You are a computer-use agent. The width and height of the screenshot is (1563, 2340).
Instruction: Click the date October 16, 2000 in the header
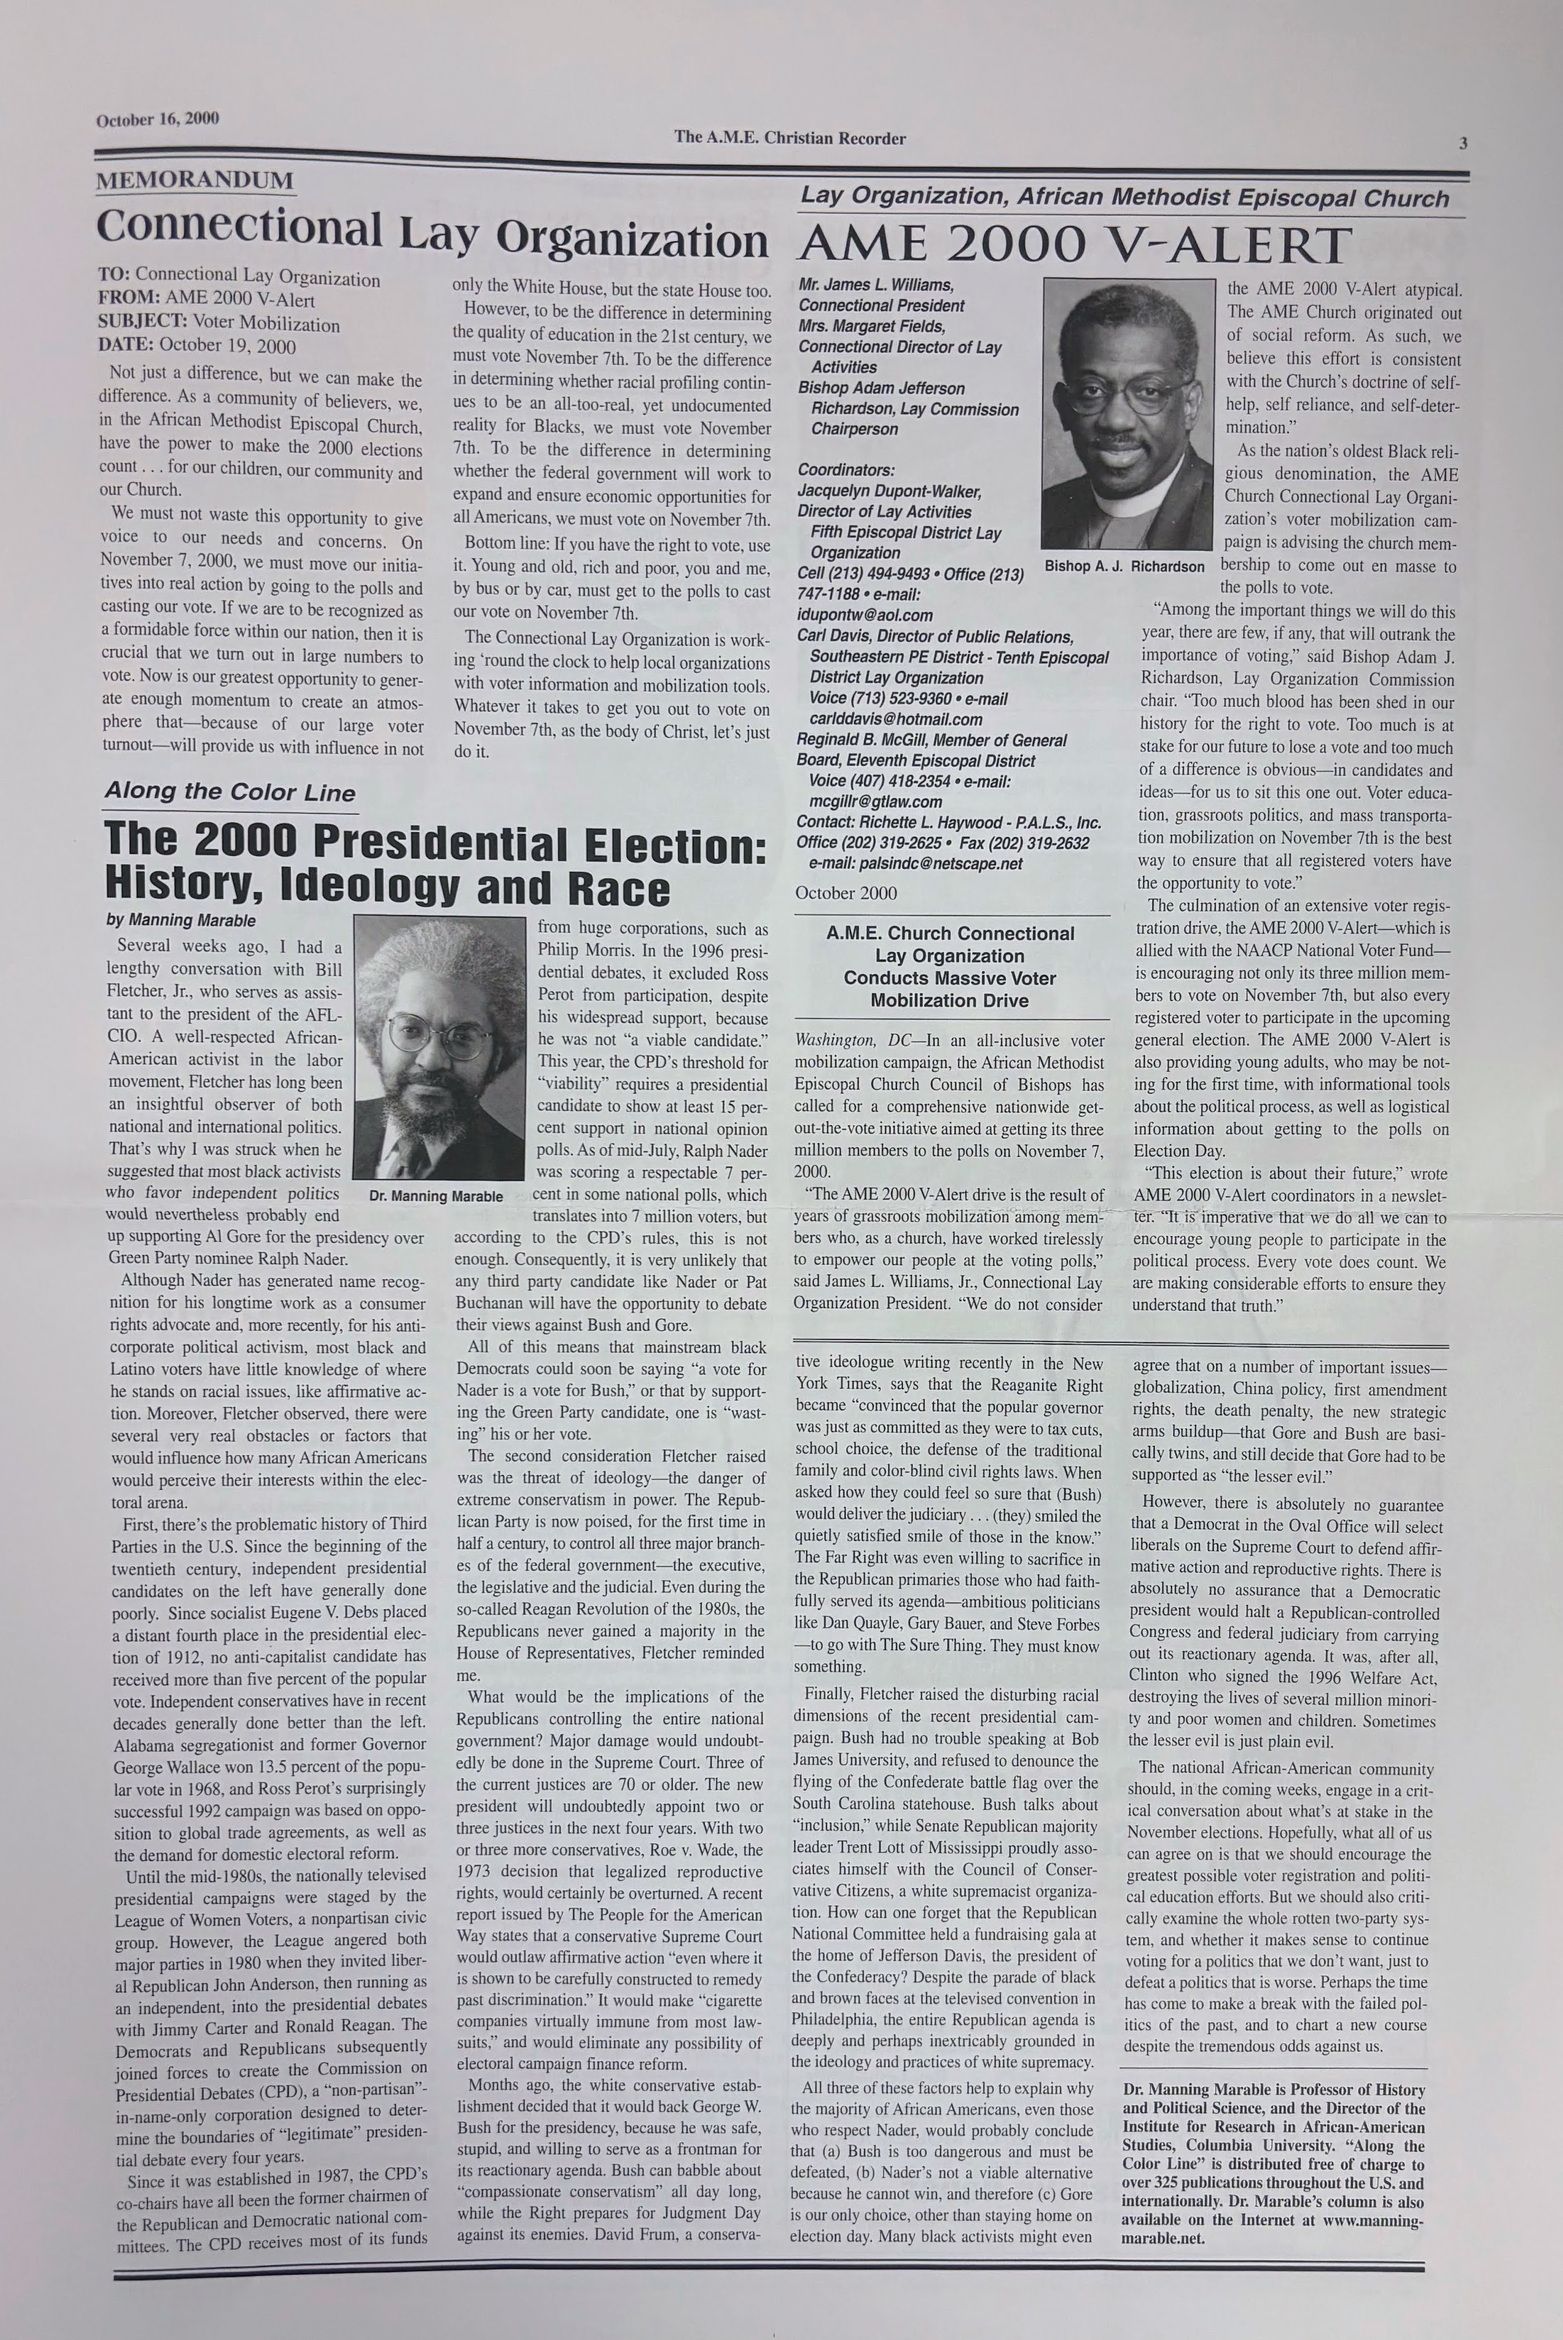[x=158, y=120]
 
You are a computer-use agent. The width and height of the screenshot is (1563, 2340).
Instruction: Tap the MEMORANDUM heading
[x=195, y=181]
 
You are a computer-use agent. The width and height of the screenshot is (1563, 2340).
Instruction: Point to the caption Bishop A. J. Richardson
[x=1125, y=566]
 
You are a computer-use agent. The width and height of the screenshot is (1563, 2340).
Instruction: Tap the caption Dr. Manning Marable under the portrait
[x=435, y=1195]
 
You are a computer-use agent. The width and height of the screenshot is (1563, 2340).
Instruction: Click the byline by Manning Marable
[x=181, y=920]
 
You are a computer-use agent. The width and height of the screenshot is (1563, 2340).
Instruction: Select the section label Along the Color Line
[x=230, y=792]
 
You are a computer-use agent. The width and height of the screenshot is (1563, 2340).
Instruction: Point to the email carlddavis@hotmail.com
[x=896, y=719]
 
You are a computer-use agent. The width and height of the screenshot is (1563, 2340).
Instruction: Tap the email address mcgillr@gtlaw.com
[x=875, y=802]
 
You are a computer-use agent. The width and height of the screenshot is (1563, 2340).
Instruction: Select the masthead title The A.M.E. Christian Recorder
[x=789, y=138]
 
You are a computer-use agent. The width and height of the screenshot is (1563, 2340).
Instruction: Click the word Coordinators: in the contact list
[x=845, y=470]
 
